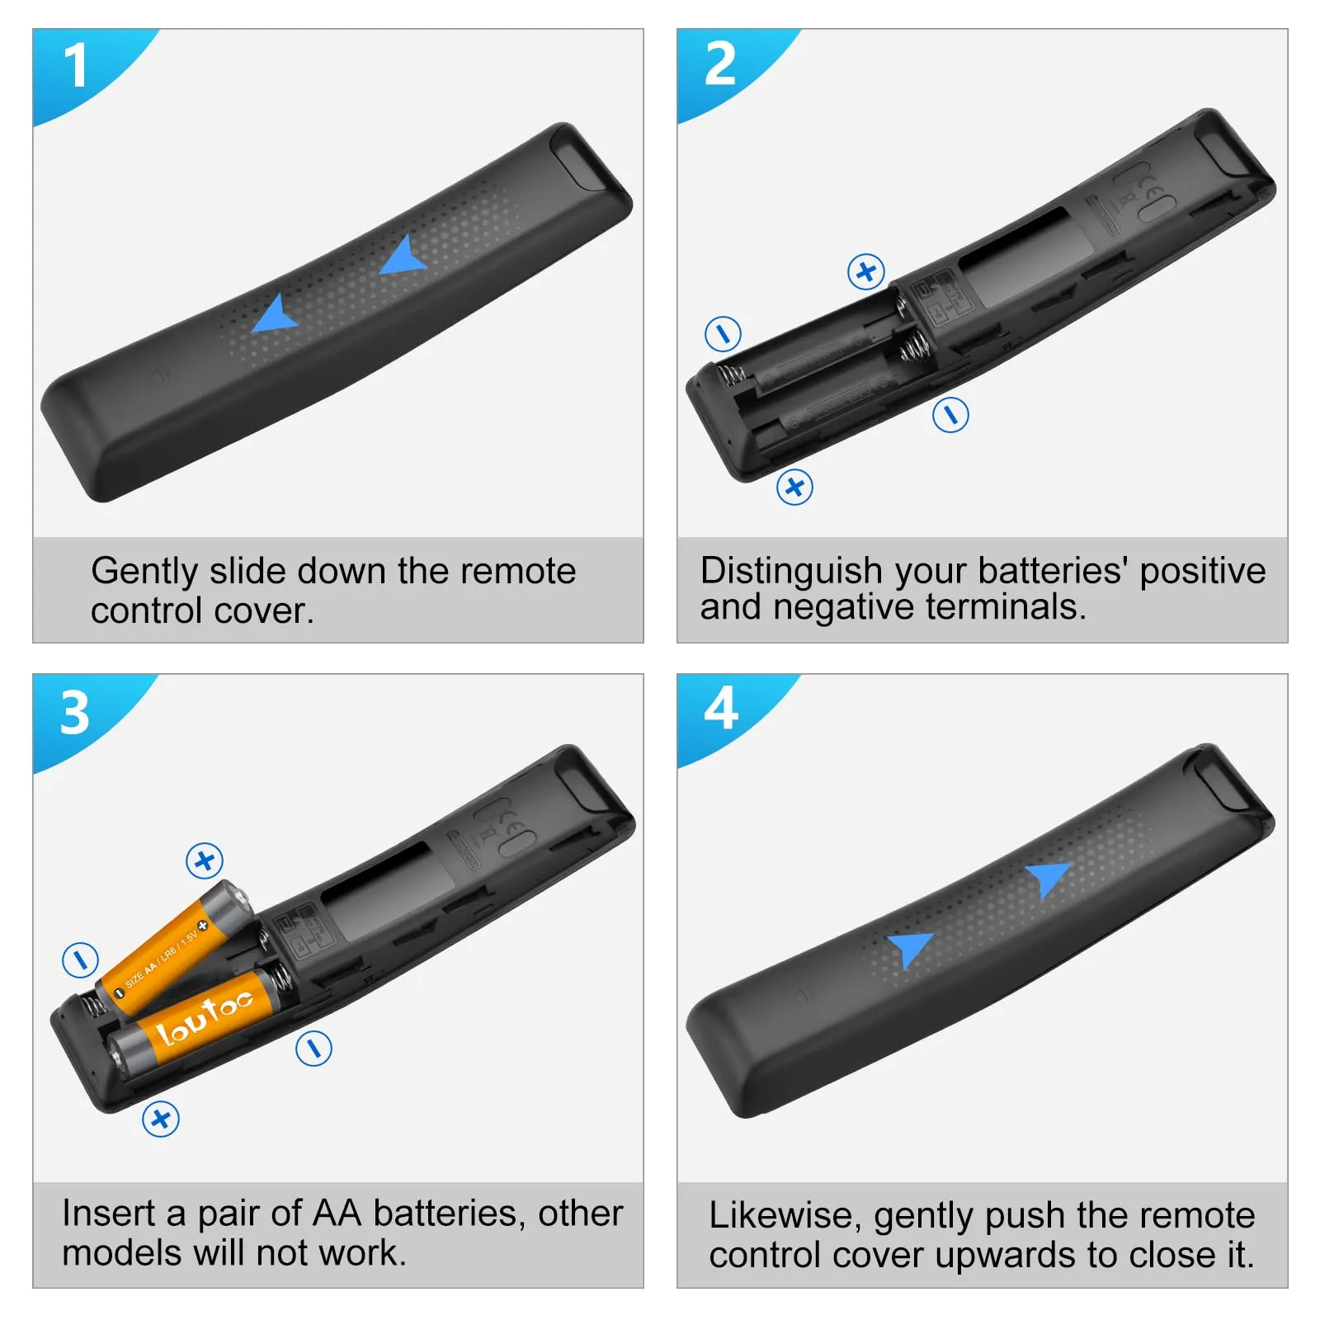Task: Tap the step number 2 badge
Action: pyautogui.click(x=720, y=64)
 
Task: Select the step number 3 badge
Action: pyautogui.click(x=75, y=712)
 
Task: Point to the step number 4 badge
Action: pyautogui.click(x=720, y=709)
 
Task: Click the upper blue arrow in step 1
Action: pyautogui.click(x=404, y=257)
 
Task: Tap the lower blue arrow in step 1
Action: pyautogui.click(x=274, y=314)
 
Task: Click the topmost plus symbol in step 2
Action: pyautogui.click(x=866, y=271)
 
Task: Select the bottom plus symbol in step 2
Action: pyautogui.click(x=794, y=487)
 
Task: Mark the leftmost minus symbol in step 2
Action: pyautogui.click(x=724, y=334)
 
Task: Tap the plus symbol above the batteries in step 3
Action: pyautogui.click(x=205, y=861)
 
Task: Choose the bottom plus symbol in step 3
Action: pyautogui.click(x=161, y=1119)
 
